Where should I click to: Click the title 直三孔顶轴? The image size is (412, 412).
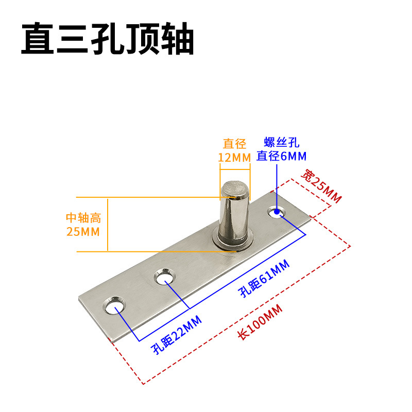107,39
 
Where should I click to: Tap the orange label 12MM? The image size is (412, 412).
234,157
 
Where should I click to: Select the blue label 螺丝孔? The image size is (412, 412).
282,143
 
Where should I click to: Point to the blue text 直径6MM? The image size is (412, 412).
282,156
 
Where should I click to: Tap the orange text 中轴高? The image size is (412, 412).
83,218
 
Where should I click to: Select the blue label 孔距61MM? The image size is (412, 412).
263,279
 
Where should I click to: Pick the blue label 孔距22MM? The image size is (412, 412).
176,335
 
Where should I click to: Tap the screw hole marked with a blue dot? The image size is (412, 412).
277,211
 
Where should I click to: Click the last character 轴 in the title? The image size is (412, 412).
176,39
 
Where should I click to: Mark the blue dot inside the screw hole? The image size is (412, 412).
277,211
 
